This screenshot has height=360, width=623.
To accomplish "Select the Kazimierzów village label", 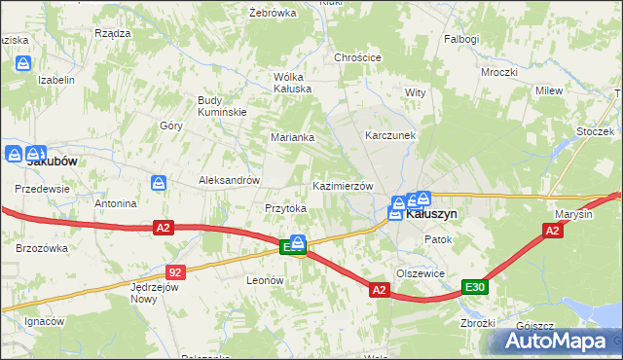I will (342, 186).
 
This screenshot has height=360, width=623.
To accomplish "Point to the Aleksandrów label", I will (229, 180).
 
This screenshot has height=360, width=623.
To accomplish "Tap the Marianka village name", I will (292, 137).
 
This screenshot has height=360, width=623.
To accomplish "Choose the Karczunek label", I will (390, 135).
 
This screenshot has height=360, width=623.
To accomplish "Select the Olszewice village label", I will (421, 273).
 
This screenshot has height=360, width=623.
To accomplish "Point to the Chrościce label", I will (357, 57).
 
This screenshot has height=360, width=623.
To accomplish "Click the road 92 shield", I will (175, 273).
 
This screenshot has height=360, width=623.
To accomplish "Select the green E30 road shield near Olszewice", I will (474, 287).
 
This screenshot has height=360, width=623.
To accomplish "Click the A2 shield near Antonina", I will (163, 228).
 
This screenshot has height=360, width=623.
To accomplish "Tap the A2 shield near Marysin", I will (552, 231).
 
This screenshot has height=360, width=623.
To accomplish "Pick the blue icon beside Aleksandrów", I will (160, 182).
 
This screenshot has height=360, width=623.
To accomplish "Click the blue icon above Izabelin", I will (23, 62).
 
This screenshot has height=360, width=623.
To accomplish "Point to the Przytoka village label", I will (286, 208).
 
